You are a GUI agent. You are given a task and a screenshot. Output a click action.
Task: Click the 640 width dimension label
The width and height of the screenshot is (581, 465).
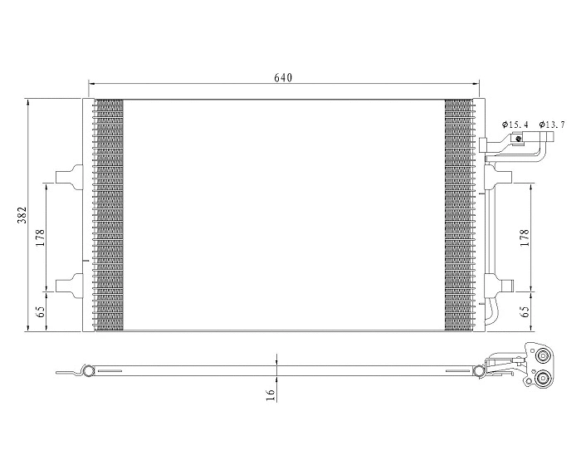point(283,77)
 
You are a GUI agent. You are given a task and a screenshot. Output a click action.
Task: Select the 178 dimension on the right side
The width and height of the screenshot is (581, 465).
point(524,238)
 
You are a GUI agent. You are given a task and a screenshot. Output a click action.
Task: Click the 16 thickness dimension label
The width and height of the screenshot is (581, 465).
point(271,395)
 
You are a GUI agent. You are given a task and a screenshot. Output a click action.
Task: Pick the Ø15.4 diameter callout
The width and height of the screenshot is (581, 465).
point(515,125)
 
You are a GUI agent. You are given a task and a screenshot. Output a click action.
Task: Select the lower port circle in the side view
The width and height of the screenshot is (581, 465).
point(543,379)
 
